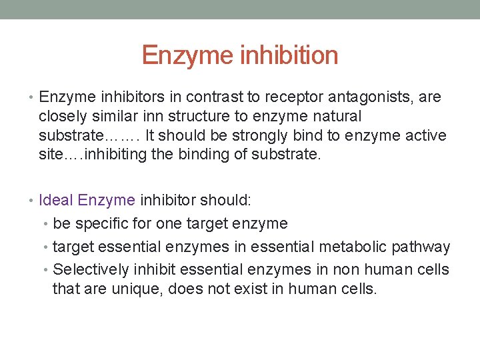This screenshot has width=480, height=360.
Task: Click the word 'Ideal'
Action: tap(56, 200)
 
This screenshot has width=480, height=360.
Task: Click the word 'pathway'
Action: tap(421, 247)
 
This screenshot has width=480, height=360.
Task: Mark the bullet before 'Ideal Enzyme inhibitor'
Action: tap(33, 200)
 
